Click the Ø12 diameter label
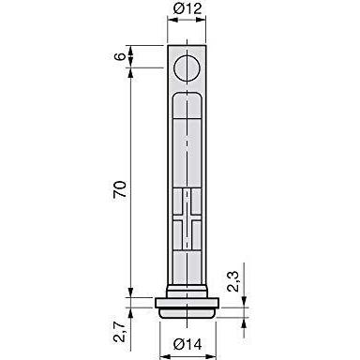[187, 8]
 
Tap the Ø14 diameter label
[187, 345]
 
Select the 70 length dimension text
[120, 188]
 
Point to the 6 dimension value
[121, 56]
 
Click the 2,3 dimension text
[232, 281]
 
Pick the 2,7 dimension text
[120, 332]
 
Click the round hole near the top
[187, 68]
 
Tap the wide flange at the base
[187, 303]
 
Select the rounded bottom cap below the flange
[187, 313]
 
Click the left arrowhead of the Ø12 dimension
[172, 20]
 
